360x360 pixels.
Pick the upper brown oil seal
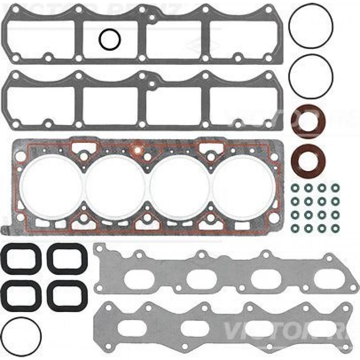(x=308, y=119)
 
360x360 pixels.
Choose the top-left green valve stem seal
(x=295, y=187)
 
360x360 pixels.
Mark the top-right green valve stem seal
(x=334, y=187)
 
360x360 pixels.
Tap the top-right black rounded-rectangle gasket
(x=67, y=259)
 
